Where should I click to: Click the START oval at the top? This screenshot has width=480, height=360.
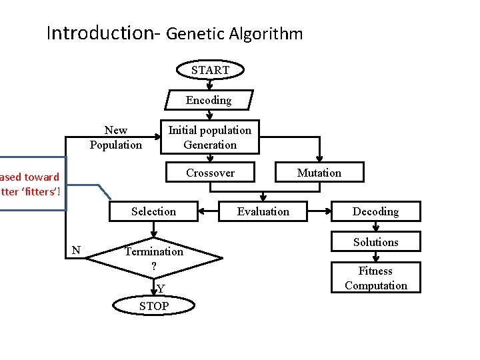[210, 70]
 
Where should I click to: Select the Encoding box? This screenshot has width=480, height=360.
[209, 100]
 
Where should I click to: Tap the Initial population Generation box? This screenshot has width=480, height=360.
[210, 137]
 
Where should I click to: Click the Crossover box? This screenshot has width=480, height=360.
[210, 173]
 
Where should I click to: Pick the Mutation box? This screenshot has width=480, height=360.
[319, 173]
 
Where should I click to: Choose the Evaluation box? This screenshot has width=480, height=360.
[263, 211]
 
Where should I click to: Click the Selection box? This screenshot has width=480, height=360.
[153, 211]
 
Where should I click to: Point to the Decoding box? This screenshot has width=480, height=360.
[375, 211]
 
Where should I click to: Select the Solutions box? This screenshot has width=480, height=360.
[375, 242]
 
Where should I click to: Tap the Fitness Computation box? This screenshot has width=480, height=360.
[375, 278]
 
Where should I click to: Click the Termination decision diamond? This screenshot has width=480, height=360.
[153, 257]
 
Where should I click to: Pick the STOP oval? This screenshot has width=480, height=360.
[154, 306]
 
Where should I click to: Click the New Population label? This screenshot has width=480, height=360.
[116, 137]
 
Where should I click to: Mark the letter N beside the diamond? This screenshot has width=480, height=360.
[76, 250]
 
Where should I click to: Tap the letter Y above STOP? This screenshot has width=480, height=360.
[161, 289]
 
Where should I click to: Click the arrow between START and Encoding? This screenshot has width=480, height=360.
[210, 85]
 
